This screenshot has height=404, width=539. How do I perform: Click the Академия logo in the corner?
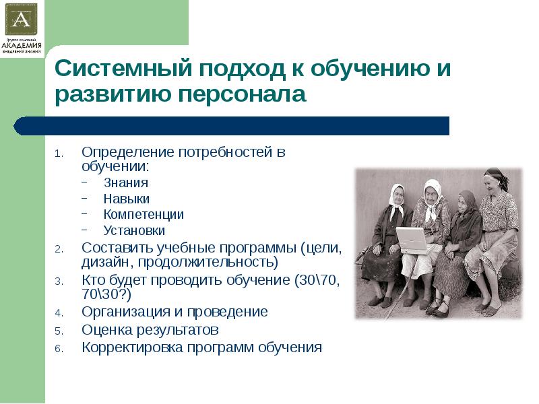click(22, 28)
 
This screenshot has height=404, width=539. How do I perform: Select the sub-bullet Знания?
click(126, 182)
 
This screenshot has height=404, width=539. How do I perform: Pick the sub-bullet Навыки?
click(127, 199)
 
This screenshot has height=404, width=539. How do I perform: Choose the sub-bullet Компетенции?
click(144, 214)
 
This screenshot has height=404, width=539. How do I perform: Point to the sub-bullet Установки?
click(134, 230)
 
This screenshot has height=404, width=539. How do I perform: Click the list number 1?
click(58, 153)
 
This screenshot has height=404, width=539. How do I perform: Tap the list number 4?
click(58, 313)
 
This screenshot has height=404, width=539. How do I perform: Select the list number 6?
click(58, 349)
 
